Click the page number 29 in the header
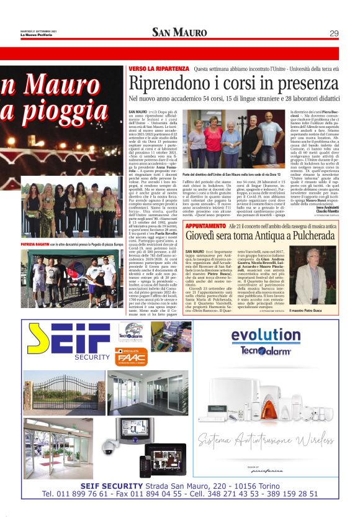pyautogui.click(x=333, y=34)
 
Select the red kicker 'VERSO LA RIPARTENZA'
pyautogui.click(x=158, y=69)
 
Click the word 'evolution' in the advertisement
pyautogui.click(x=266, y=335)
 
